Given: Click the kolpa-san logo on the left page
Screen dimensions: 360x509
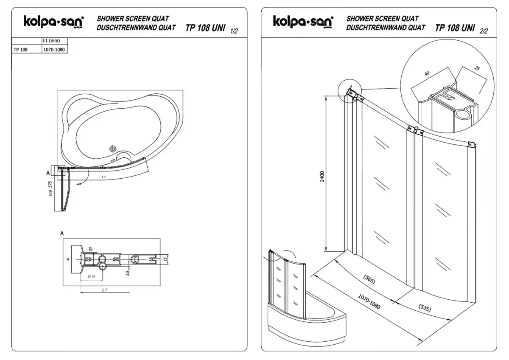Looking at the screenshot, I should (x=53, y=21).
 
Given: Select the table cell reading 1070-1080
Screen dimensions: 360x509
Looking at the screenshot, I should (x=54, y=49).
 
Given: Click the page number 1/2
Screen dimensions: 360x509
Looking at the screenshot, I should (x=234, y=31).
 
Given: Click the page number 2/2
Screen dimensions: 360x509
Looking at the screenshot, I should (x=483, y=31).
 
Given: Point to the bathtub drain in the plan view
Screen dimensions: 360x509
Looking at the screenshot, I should (x=113, y=149).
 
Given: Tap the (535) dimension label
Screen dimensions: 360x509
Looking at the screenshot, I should (x=425, y=308).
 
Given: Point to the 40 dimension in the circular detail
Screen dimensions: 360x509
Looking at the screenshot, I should (x=426, y=73).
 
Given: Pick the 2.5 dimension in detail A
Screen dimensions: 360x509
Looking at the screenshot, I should (x=127, y=273).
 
